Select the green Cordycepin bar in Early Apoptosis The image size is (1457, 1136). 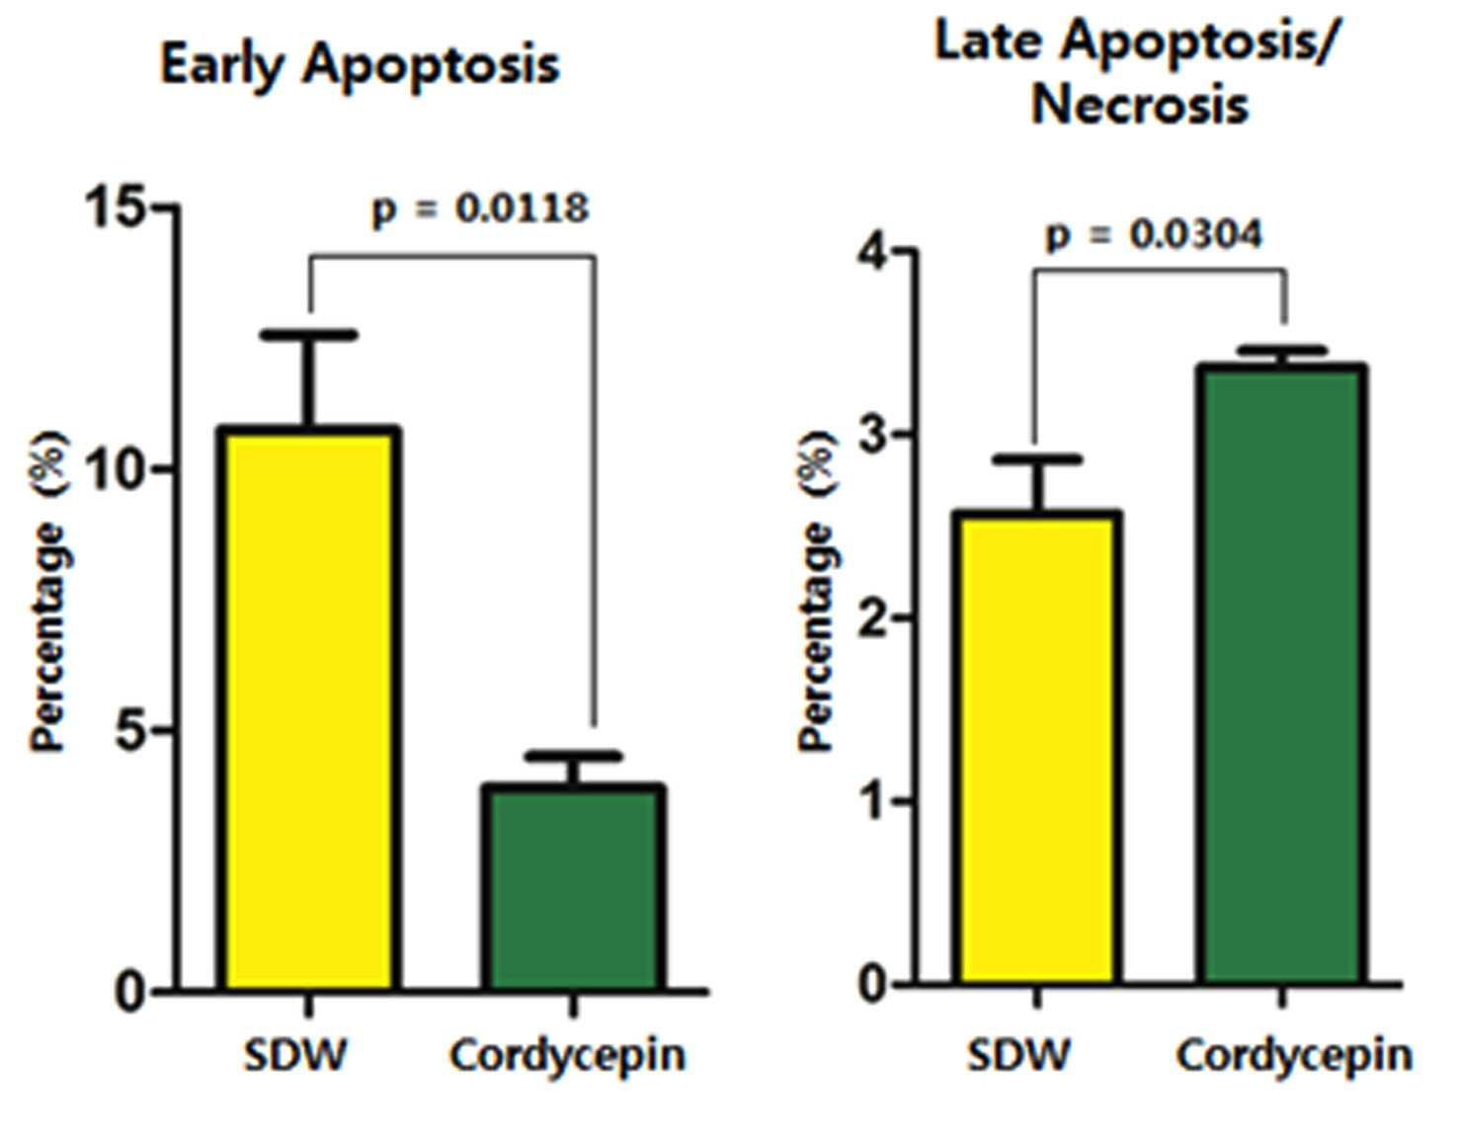tap(573, 887)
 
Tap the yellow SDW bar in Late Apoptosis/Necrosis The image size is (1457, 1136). tap(1036, 748)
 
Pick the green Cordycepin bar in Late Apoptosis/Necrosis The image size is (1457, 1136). tap(1282, 675)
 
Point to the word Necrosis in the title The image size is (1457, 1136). tap(1139, 106)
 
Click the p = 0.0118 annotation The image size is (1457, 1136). tap(481, 209)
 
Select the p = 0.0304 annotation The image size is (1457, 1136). tap(1154, 235)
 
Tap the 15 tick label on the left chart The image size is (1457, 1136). tap(116, 207)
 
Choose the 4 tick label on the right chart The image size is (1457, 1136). tap(872, 251)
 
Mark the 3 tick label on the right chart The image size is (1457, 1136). tap(872, 435)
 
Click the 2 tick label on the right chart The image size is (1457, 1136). tap(872, 618)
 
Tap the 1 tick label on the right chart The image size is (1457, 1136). tap(873, 801)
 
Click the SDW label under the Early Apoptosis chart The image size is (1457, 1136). tap(295, 1056)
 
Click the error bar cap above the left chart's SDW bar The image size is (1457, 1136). tap(309, 335)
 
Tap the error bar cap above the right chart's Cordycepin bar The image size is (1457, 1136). tap(1282, 350)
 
